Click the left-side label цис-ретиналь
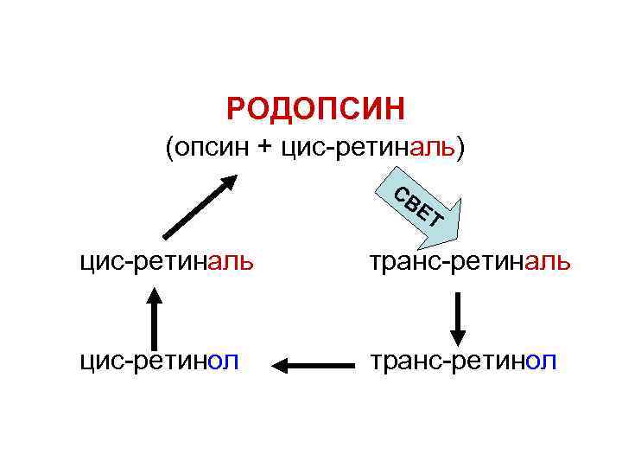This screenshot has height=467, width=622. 166,260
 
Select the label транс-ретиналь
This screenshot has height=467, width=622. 470,260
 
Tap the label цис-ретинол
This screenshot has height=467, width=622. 159,360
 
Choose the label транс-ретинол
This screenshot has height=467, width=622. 463,360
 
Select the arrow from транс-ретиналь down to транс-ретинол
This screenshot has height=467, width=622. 459,318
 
